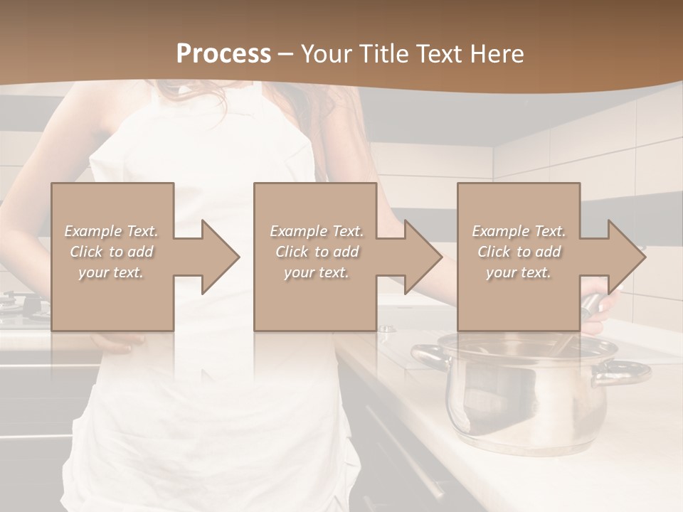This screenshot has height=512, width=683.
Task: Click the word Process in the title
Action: coord(223,54)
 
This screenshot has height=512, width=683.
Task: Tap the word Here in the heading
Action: coord(498,54)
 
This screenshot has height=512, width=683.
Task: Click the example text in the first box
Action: coord(111,251)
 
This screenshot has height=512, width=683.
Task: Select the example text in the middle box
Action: coord(317,251)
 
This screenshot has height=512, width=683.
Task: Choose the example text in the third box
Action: coord(519,251)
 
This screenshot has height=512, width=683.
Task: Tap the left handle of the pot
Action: coord(427,353)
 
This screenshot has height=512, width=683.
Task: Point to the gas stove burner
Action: coord(18,302)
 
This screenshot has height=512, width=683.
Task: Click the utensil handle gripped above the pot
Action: coord(593,304)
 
